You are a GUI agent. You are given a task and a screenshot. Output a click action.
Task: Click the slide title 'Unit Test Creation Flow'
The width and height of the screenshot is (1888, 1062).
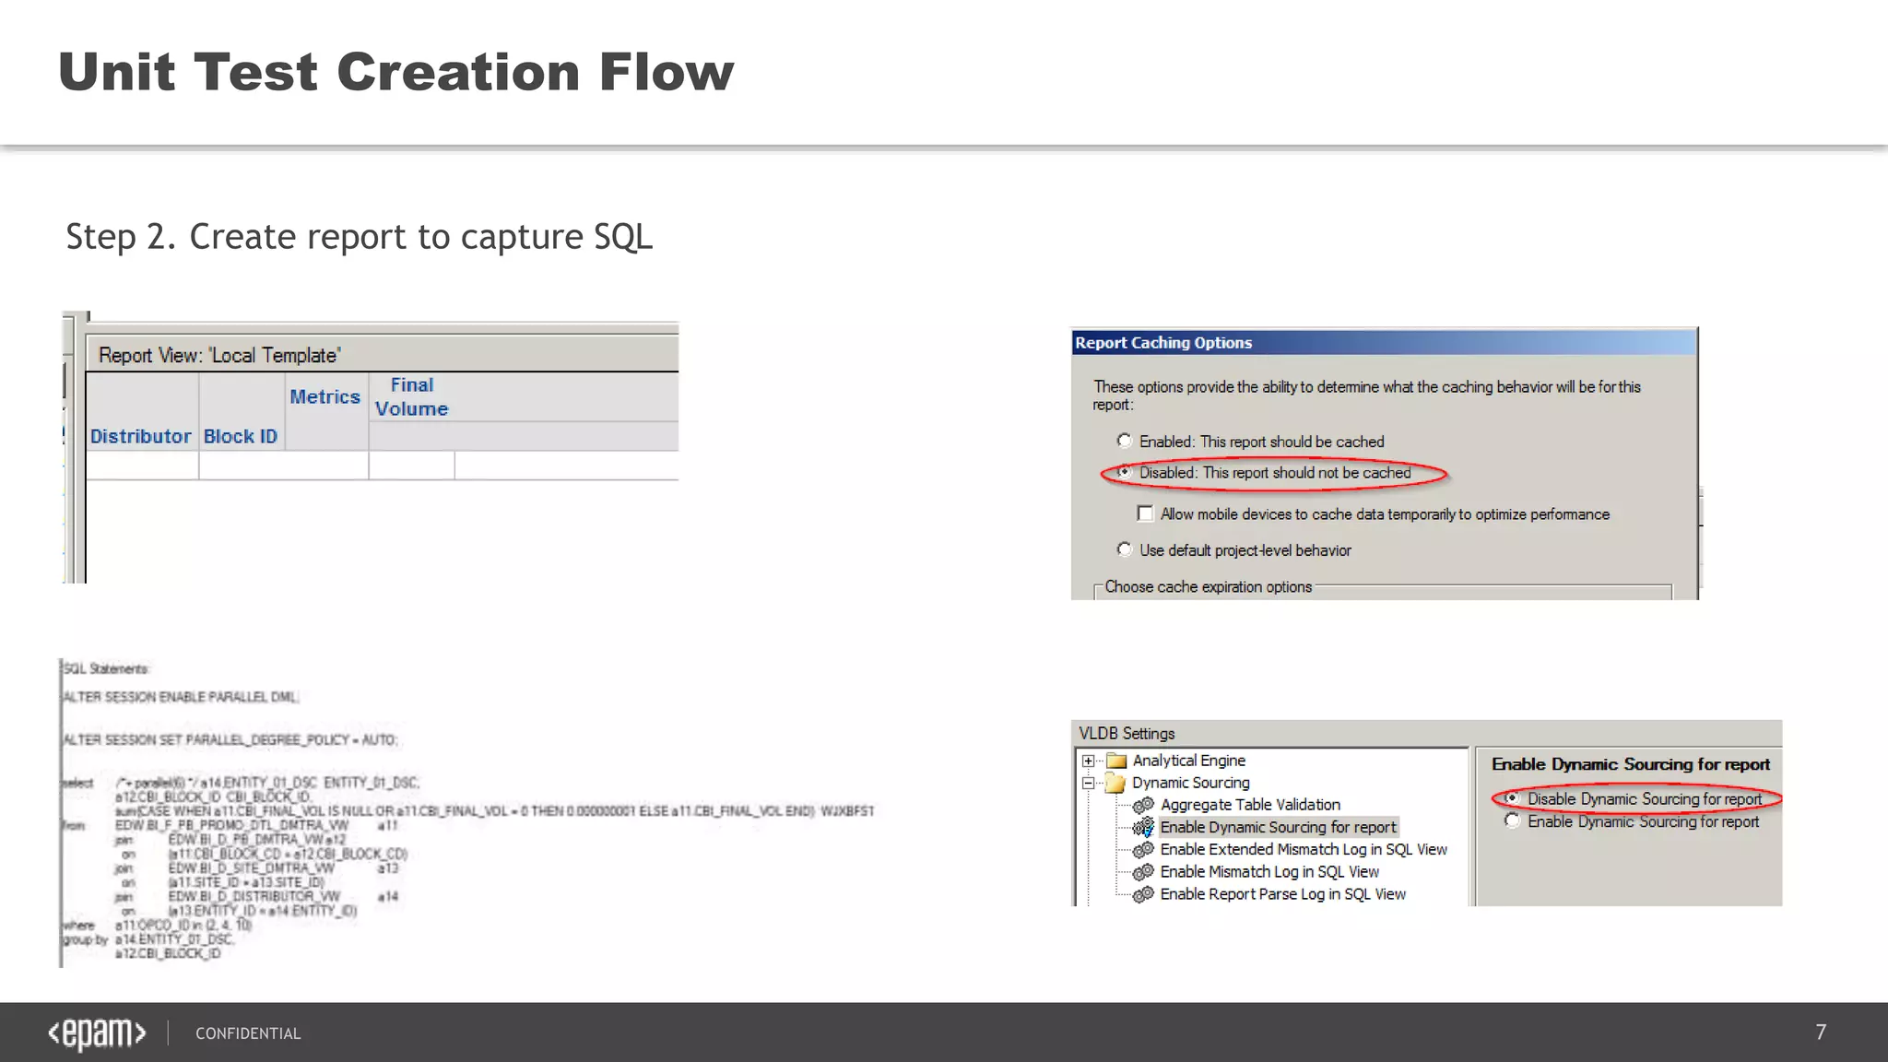[395, 72]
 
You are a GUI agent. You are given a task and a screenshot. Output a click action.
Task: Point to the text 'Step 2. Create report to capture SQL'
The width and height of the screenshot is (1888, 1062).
[359, 237]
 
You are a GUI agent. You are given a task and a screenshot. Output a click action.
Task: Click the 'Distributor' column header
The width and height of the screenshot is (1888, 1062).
[140, 436]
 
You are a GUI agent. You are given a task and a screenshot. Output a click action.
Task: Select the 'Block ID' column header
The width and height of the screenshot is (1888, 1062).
[241, 436]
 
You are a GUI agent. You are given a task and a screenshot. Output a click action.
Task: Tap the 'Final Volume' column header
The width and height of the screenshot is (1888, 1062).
[411, 396]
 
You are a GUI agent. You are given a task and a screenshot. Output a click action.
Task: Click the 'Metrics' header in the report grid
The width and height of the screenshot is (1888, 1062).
[324, 396]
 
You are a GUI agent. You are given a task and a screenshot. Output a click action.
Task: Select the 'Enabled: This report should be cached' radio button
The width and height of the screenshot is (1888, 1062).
[1125, 441]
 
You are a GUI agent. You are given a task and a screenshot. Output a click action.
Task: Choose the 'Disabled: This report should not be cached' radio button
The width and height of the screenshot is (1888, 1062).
[1125, 472]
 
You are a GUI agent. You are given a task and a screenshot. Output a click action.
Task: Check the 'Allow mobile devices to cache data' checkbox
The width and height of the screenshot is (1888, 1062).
[1145, 513]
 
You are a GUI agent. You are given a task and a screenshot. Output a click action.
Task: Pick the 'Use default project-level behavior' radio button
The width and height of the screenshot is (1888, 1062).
[1125, 549]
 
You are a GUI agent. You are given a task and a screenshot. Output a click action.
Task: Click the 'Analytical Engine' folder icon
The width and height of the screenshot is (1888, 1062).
[1116, 761]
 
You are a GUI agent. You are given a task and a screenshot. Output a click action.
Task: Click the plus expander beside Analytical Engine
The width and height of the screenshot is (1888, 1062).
[1089, 761]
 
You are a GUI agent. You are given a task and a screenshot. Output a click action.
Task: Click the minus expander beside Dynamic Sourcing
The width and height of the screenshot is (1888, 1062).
[1089, 783]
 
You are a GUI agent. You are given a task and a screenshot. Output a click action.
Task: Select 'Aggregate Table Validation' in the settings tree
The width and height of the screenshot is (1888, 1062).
[1249, 805]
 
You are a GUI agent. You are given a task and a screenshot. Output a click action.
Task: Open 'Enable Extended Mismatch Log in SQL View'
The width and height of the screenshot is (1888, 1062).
[1303, 849]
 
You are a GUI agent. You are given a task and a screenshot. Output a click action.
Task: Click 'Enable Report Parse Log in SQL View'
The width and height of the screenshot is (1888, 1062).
[1282, 894]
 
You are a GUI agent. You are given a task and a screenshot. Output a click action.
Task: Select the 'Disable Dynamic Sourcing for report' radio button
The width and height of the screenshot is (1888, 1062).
[1512, 798]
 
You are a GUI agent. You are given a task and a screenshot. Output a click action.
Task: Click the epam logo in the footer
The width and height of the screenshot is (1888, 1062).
[97, 1033]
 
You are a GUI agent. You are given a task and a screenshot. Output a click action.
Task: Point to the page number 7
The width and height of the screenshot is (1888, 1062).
[1821, 1032]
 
